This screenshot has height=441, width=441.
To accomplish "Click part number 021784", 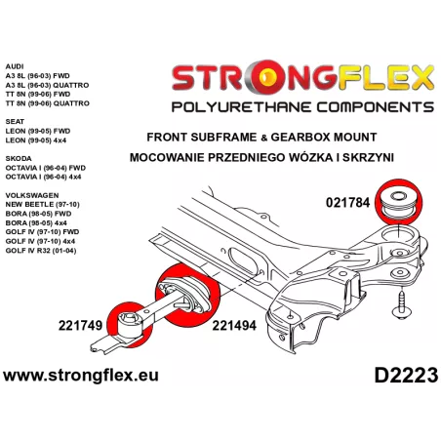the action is point(347,203).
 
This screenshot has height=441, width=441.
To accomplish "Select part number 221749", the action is point(80,325).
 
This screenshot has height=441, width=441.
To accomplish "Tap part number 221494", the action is point(234,325).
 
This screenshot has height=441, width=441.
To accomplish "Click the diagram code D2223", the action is point(406,376).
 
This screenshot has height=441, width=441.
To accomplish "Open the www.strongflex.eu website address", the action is point(81,376).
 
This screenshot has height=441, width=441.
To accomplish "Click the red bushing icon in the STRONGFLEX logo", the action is point(267,77).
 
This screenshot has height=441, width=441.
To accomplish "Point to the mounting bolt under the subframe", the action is point(402,304).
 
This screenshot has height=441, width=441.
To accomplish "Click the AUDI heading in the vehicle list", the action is point(15,66).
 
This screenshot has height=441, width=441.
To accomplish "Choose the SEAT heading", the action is point(15,122).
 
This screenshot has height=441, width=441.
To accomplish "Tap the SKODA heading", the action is point(19,159).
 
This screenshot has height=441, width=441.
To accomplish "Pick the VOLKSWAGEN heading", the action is point(32,195).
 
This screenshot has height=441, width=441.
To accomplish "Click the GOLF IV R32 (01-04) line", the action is point(41,251).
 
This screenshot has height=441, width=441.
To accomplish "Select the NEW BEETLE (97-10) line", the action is point(43,205).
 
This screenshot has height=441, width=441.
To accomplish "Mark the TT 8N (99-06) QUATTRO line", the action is point(48,103).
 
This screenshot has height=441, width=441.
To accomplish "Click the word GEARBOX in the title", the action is point(297,137).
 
